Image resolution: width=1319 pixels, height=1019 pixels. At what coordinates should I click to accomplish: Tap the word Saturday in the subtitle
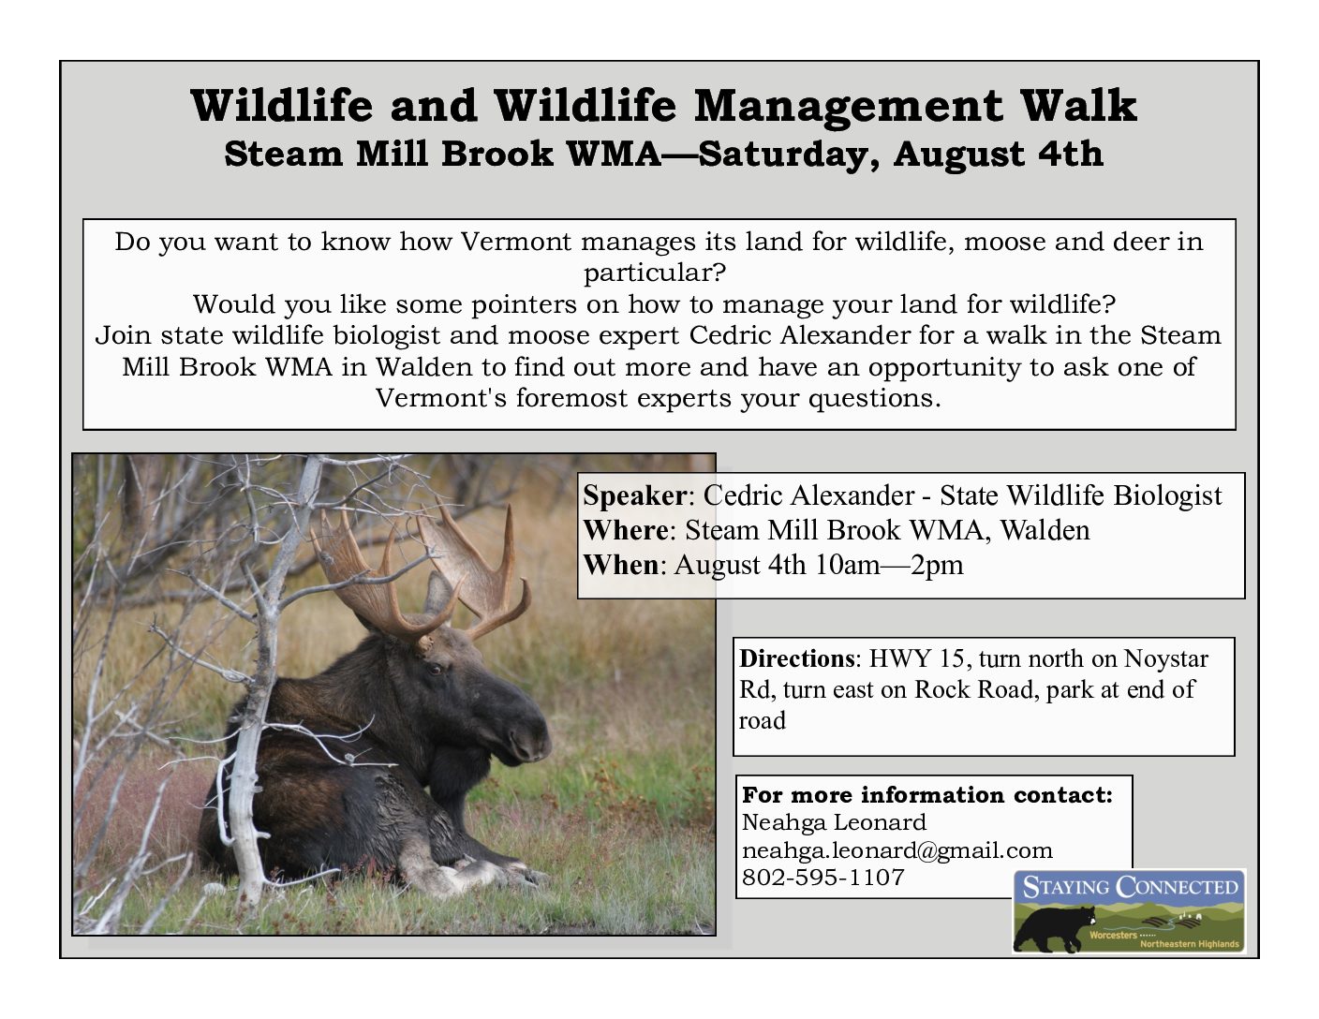[x=788, y=155]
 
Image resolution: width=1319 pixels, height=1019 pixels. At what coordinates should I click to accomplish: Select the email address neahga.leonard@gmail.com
[x=897, y=850]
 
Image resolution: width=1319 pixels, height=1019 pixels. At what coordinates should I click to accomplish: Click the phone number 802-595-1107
[x=823, y=877]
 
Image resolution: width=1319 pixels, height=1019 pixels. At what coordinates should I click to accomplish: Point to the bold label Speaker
[x=635, y=496]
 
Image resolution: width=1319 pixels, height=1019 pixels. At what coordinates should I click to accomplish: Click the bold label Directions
[x=797, y=658]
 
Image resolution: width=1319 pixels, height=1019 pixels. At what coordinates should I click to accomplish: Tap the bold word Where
[x=626, y=530]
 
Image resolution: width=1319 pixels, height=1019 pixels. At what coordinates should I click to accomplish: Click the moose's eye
[x=436, y=669]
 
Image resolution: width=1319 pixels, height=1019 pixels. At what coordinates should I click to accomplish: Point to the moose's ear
[x=437, y=592]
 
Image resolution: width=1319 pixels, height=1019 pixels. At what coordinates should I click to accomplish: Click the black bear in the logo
[x=1055, y=928]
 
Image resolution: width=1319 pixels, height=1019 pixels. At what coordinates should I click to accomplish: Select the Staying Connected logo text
[x=1130, y=887]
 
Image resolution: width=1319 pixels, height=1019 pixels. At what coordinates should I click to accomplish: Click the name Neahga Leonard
[x=834, y=822]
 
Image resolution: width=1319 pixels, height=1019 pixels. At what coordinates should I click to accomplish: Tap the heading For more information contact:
[x=926, y=794]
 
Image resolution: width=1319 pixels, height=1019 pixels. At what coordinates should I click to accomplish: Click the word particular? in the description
[x=655, y=273]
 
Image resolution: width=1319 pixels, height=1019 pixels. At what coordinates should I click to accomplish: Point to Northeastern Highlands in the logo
[x=1189, y=944]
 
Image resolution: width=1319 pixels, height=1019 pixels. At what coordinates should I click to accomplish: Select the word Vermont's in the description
[x=440, y=398]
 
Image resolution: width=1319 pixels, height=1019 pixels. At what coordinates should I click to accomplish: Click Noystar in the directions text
[x=1166, y=659]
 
